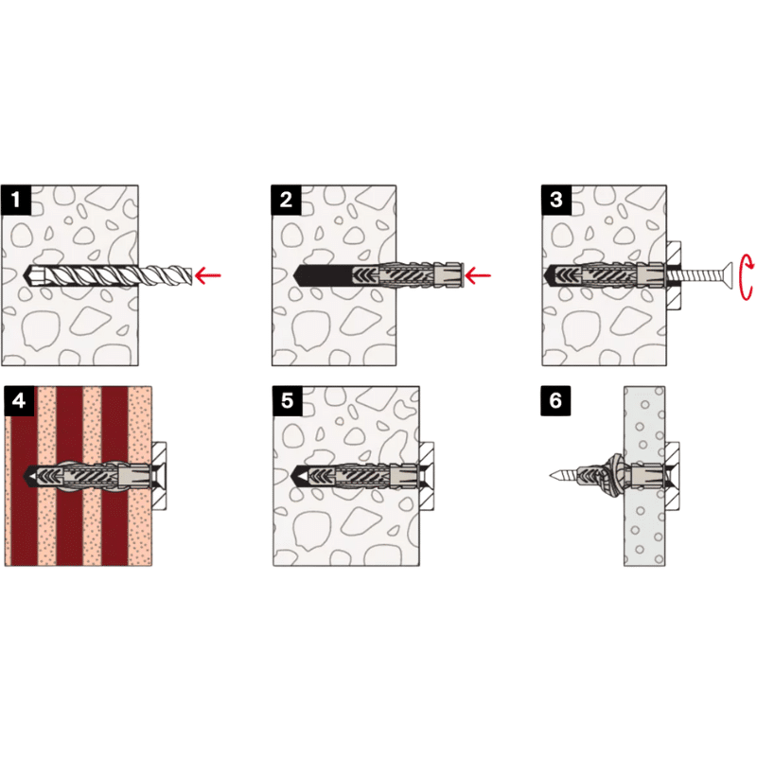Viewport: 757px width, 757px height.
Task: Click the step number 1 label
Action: tap(16, 200)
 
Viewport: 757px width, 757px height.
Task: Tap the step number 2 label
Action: tap(286, 200)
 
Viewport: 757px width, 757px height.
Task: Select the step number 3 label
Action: tap(556, 200)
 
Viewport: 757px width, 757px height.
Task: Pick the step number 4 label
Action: tap(19, 400)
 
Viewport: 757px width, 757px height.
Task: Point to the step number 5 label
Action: tap(288, 400)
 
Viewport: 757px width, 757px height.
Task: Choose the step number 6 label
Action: tap(555, 400)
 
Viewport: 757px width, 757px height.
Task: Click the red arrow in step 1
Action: tap(207, 275)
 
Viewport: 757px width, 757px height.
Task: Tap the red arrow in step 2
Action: tap(478, 275)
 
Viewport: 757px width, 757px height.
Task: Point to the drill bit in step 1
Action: tap(110, 275)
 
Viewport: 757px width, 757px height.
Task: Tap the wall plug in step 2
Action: tap(408, 275)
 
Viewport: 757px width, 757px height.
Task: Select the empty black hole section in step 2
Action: tap(323, 275)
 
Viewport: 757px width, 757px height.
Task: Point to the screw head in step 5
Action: tap(426, 476)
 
